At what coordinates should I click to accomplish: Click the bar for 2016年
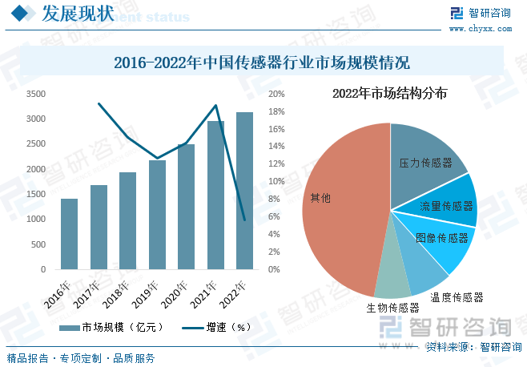coord(69,234)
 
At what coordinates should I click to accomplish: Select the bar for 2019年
coord(157,215)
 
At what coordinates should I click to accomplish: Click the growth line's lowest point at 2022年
coord(244,220)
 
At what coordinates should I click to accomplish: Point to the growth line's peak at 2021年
coord(215,106)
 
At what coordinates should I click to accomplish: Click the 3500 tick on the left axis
coord(34,94)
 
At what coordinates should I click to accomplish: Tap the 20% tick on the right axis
coord(276,94)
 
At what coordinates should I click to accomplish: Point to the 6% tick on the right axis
coord(274,217)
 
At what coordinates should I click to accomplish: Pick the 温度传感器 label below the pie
coord(457,297)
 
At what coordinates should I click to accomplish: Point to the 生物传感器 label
coord(392,307)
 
